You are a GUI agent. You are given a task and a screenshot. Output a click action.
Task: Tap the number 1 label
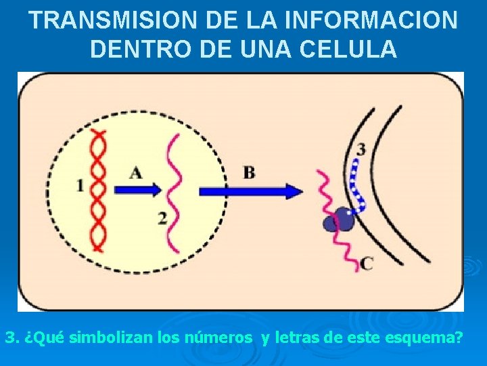pos(80,185)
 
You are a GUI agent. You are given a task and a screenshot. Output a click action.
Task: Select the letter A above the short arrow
pos(136,173)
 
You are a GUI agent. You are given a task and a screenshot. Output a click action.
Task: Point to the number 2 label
pos(163,218)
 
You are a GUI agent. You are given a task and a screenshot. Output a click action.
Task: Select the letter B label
pos(250,173)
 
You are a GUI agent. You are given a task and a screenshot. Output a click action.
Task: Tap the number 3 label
pos(361,148)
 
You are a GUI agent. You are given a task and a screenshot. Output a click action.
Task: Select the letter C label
pos(366,263)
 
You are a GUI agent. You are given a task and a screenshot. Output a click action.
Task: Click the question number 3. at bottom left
pos(11,337)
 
